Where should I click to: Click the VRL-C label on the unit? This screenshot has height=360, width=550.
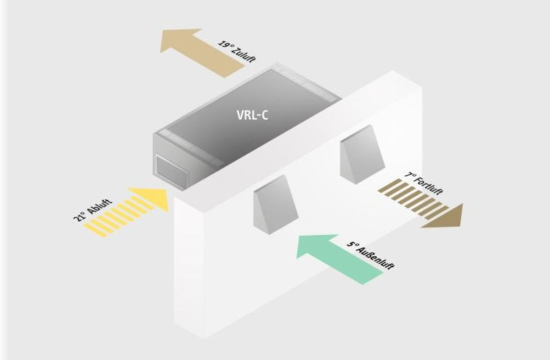[x=249, y=114]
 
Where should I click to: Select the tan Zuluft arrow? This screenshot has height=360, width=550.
[x=199, y=52]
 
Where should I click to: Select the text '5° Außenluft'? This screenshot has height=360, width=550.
[x=371, y=252]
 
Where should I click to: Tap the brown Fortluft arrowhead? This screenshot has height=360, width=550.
[x=447, y=215]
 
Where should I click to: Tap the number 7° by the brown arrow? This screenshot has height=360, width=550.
[x=410, y=177]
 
